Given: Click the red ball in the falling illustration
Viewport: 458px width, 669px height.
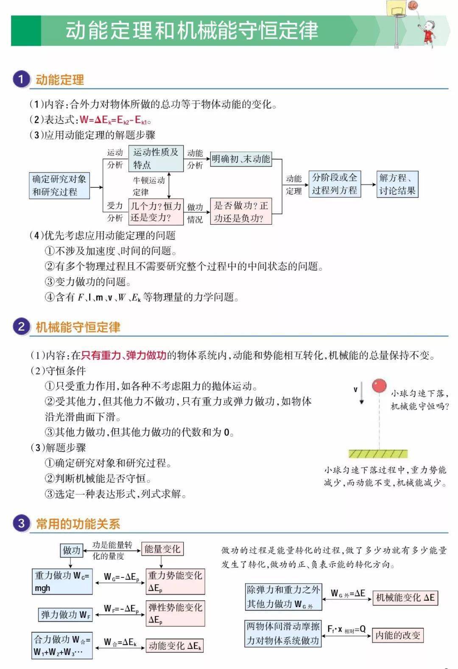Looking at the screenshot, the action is click(x=379, y=385).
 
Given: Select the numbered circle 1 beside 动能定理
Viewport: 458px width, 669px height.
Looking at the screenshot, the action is click(x=21, y=79).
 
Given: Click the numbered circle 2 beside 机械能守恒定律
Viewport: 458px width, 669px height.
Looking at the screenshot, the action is click(x=21, y=326).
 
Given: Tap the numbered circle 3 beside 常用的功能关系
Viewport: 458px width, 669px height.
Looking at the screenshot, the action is click(x=21, y=523).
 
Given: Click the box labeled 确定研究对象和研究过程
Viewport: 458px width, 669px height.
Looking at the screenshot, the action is click(x=59, y=185).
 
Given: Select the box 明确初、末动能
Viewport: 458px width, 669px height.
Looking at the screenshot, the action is click(x=241, y=159).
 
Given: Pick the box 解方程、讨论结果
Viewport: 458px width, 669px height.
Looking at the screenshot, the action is click(x=397, y=184).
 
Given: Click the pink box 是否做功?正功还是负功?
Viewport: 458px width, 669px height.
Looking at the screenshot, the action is click(x=241, y=211).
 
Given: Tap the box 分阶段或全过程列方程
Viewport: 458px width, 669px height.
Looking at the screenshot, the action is click(x=335, y=184).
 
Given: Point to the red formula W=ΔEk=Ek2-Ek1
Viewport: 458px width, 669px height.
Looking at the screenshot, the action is click(x=114, y=120).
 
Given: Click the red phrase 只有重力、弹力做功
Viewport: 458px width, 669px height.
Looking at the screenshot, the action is click(x=123, y=355).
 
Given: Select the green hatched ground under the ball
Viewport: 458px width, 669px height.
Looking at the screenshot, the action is click(x=378, y=454).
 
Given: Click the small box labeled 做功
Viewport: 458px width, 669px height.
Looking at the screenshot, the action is click(x=71, y=550).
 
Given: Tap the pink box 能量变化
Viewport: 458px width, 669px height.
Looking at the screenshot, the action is click(x=162, y=549).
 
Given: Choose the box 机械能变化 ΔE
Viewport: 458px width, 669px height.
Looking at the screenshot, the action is click(x=405, y=598).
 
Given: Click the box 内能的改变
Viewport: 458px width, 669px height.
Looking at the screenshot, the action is click(x=397, y=635).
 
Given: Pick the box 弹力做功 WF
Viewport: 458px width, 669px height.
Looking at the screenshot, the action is click(x=65, y=615).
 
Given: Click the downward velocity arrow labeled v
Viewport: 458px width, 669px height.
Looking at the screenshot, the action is click(x=361, y=393).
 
